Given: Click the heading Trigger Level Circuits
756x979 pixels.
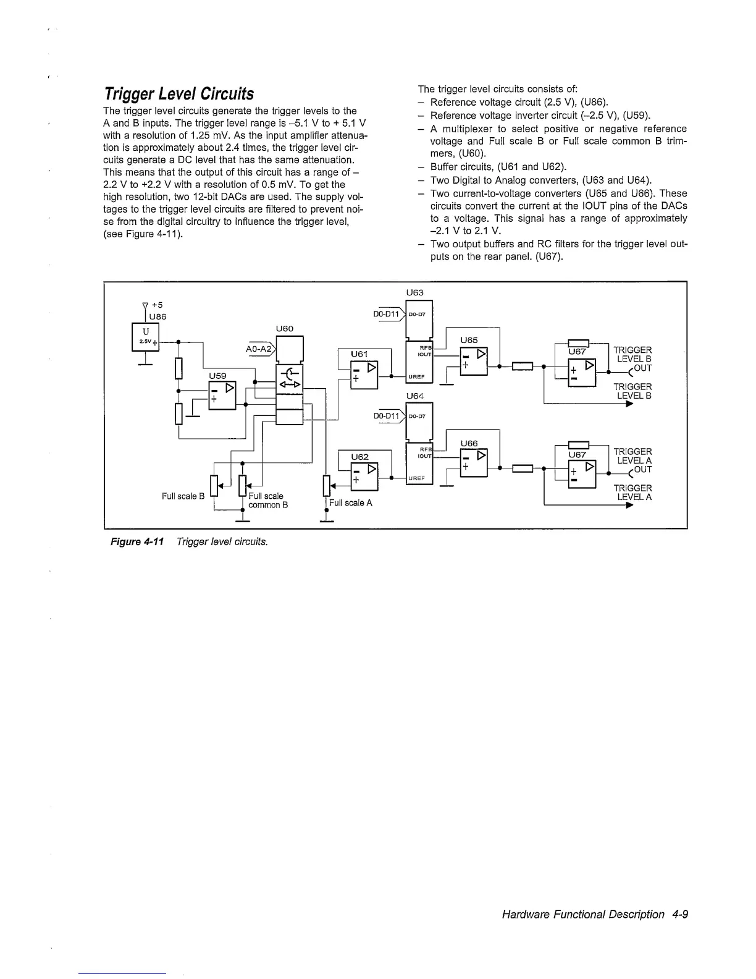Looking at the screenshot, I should coord(178,94).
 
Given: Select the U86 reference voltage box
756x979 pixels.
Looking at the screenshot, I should coord(146,337).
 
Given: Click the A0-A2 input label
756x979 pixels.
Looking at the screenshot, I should coord(260,349).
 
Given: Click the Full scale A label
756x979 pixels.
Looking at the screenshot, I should coord(351,503).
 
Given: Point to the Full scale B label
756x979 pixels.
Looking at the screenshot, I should coord(183,496).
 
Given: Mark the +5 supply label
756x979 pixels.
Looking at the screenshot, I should coord(156,305).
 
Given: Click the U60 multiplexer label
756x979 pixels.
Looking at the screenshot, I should coord(285,329).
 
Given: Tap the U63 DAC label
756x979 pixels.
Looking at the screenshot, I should coord(415,292).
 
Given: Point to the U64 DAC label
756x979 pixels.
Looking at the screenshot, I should coord(415,396).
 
